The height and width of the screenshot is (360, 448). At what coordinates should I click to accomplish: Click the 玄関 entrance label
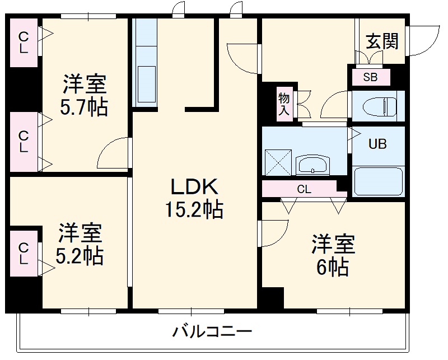pyautogui.click(x=382, y=41)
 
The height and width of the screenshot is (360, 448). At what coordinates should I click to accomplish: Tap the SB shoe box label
pyautogui.click(x=370, y=77)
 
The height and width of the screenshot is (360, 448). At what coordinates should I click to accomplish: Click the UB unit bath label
pyautogui.click(x=377, y=143)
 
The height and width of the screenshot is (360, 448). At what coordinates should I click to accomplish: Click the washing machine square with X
pyautogui.click(x=276, y=162)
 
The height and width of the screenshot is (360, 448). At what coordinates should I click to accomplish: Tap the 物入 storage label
pyautogui.click(x=284, y=104)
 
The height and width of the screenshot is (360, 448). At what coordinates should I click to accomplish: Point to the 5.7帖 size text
pyautogui.click(x=85, y=106)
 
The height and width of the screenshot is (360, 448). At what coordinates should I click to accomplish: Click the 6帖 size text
pyautogui.click(x=333, y=267)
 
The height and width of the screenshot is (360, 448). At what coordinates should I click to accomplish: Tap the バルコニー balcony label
pyautogui.click(x=212, y=331)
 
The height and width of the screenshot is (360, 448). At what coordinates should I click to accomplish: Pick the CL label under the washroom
pyautogui.click(x=304, y=189)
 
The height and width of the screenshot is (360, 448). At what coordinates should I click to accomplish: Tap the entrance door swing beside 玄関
pyautogui.click(x=423, y=40)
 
